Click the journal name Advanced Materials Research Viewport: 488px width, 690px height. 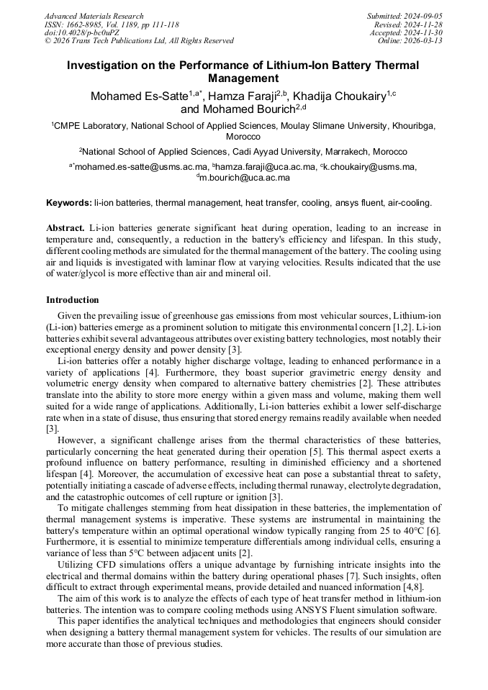[94, 16]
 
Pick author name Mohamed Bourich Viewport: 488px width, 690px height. [246, 110]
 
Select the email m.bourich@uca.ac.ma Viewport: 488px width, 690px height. [245, 178]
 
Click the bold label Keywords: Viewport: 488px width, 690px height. [69, 203]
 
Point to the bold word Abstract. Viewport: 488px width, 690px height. [65, 227]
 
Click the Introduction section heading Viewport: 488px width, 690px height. [73, 299]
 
